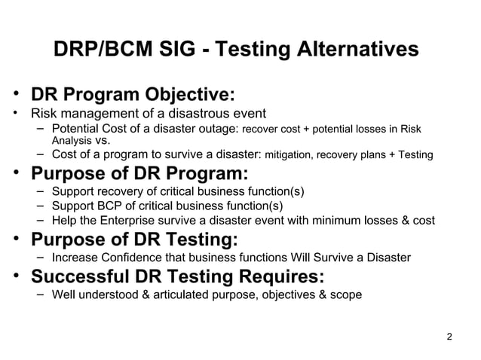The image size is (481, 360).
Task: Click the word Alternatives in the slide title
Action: pos(354,50)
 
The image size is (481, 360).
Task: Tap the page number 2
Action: pos(450,336)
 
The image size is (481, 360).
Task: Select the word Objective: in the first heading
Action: pos(188,96)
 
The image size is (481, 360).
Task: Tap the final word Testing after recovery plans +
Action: pos(415,155)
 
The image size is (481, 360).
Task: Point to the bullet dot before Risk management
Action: pos(15,114)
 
